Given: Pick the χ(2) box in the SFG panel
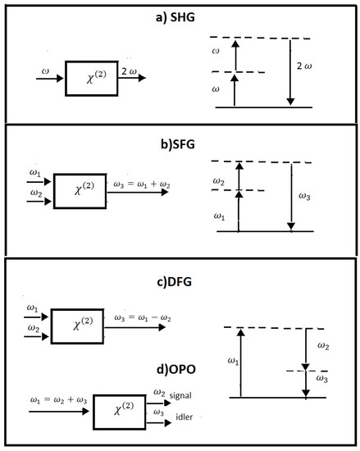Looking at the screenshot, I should click(80, 191).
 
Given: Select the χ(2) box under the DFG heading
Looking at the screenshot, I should click(76, 328).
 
